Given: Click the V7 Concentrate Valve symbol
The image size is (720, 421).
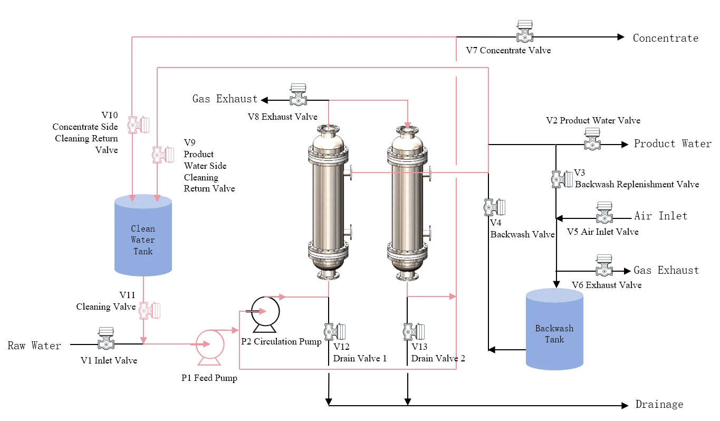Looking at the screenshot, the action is (524, 32).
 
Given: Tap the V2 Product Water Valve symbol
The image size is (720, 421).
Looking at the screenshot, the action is (592, 139).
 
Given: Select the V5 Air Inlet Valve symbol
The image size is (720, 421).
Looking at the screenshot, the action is (604, 213).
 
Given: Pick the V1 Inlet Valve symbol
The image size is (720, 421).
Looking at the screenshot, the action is (105, 338).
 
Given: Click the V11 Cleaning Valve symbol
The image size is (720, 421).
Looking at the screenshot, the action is (150, 310).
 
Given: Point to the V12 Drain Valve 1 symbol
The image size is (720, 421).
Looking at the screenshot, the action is (335, 332).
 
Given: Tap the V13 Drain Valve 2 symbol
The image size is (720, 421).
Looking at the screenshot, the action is (414, 332).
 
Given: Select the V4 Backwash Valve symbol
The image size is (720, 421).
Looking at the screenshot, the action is (495, 207).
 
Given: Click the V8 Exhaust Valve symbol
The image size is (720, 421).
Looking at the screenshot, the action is (298, 95).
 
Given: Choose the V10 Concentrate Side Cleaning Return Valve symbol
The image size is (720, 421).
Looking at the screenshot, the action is (139, 125).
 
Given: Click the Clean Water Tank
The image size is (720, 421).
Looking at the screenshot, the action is (143, 235).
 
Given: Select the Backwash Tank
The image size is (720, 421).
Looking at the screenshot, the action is (554, 329).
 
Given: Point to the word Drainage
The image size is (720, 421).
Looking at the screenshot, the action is (659, 404).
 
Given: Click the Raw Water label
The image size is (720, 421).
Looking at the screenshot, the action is (34, 346).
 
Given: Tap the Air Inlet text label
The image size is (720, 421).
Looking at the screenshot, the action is (661, 216).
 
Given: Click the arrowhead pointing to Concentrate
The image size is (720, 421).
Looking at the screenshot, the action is (621, 37).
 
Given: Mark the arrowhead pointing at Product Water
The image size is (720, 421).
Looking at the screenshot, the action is (625, 145).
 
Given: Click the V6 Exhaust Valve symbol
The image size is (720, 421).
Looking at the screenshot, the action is (604, 265).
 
